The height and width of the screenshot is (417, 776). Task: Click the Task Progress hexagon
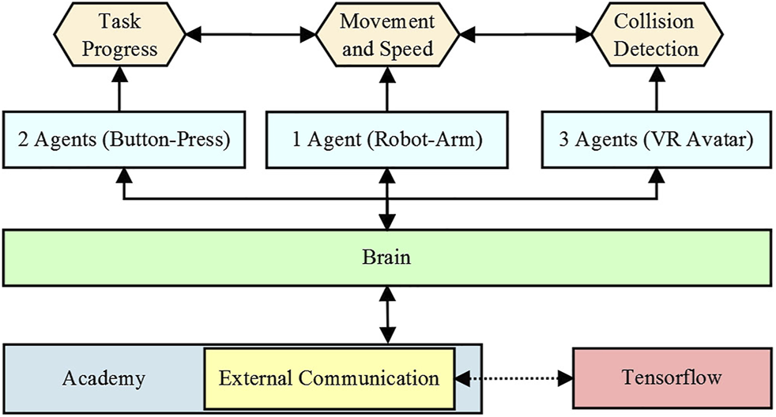pyautogui.click(x=120, y=36)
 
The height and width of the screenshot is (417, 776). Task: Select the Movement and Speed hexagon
pyautogui.click(x=387, y=36)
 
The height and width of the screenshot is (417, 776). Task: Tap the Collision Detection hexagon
pyautogui.click(x=655, y=36)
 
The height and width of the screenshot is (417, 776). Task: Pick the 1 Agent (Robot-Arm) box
pyautogui.click(x=387, y=140)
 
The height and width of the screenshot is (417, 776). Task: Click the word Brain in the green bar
pyautogui.click(x=386, y=257)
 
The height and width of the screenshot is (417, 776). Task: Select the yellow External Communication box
pyautogui.click(x=329, y=378)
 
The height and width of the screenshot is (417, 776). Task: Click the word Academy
pyautogui.click(x=104, y=378)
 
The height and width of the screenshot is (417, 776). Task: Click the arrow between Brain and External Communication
pyautogui.click(x=386, y=314)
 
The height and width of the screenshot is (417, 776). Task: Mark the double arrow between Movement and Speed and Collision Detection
pyautogui.click(x=525, y=35)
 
